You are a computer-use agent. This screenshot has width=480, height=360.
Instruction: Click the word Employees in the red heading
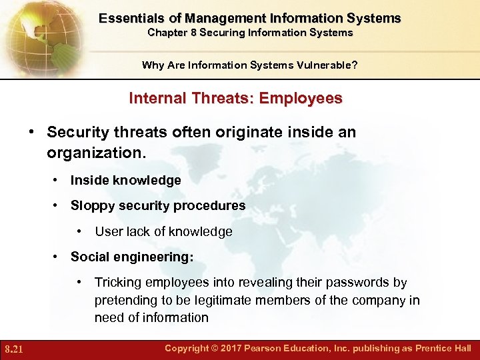[301, 99]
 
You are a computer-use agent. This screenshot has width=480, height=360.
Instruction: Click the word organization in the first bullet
[93, 153]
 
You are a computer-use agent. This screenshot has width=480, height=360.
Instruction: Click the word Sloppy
[91, 206]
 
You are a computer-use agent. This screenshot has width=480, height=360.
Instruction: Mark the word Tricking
[119, 283]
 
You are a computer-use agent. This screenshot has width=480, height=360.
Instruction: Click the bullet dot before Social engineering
[57, 257]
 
